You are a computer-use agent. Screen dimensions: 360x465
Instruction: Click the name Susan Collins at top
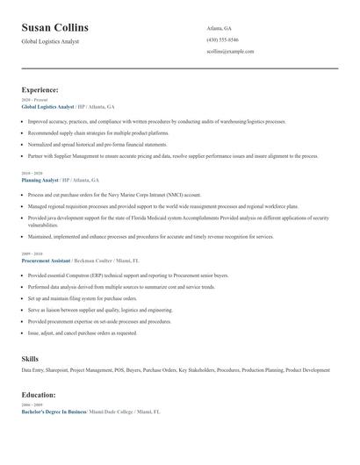click(54, 27)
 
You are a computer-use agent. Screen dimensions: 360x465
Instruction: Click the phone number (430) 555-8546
click(222, 39)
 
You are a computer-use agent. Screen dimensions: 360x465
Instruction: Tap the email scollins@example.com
click(230, 52)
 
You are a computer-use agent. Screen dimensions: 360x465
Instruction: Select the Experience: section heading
click(40, 89)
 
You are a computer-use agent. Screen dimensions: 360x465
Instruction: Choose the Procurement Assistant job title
click(47, 261)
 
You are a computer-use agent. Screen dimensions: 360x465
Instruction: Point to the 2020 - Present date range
click(34, 100)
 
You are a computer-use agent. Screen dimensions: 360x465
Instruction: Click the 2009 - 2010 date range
click(32, 254)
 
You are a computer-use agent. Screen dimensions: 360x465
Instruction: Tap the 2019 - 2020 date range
click(32, 173)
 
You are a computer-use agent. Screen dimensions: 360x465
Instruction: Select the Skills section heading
click(30, 359)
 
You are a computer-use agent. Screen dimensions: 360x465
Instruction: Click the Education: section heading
click(40, 395)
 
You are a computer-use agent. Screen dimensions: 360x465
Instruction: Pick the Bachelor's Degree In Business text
click(54, 411)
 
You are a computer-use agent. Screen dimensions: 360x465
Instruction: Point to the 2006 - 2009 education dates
click(32, 404)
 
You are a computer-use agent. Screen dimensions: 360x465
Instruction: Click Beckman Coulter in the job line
click(97, 261)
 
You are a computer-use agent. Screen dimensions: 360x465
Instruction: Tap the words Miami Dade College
click(110, 411)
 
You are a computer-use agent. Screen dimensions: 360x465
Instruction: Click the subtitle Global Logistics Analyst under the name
click(50, 41)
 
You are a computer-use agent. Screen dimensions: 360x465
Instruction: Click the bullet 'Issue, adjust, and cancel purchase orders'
click(83, 333)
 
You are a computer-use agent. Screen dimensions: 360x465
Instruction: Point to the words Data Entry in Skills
click(32, 370)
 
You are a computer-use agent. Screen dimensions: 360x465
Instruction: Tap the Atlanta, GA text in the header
click(219, 28)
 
